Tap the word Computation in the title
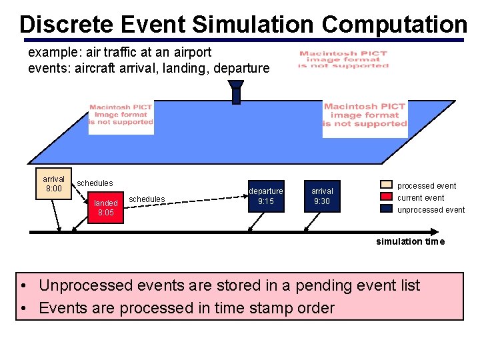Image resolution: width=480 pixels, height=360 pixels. [x=394, y=24]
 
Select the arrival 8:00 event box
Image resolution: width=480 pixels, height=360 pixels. [x=53, y=184]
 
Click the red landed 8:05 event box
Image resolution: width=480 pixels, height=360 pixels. [x=105, y=207]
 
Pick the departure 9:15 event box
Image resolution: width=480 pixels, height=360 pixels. [x=266, y=196]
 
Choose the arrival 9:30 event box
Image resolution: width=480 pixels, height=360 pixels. [x=322, y=196]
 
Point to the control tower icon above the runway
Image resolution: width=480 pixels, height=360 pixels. [x=235, y=92]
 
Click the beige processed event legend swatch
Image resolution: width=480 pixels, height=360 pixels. [x=387, y=185]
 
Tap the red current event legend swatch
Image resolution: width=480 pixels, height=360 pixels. [x=387, y=197]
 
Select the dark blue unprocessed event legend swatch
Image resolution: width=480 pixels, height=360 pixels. [x=387, y=209]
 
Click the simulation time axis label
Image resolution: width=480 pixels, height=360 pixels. [x=409, y=241]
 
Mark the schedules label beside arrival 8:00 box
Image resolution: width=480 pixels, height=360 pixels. [x=95, y=183]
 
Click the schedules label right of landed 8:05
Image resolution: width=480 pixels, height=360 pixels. [x=147, y=199]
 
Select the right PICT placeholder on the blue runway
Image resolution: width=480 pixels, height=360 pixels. [x=365, y=118]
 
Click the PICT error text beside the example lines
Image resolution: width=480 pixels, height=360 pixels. [x=343, y=59]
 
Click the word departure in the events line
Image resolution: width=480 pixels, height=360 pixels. [x=241, y=68]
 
